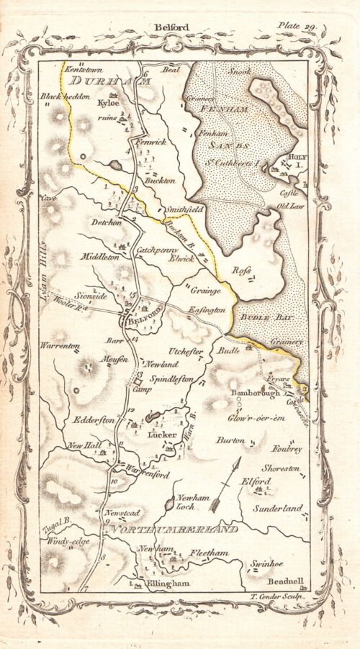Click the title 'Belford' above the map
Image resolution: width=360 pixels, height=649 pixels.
coord(171,27)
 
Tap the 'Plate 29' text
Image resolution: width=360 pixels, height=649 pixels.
coord(297,26)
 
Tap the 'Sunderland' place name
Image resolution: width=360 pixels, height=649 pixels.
coord(277,508)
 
